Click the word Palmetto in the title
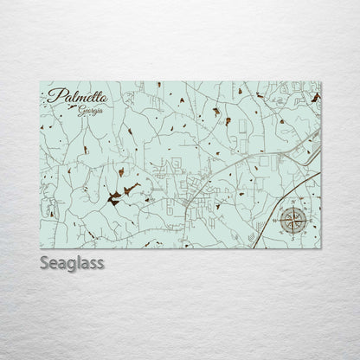pyautogui.click(x=74, y=99)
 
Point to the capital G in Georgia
pyautogui.click(x=79, y=112)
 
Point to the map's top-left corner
pyautogui.click(x=41, y=82)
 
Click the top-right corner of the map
pyautogui.click(x=321, y=82)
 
